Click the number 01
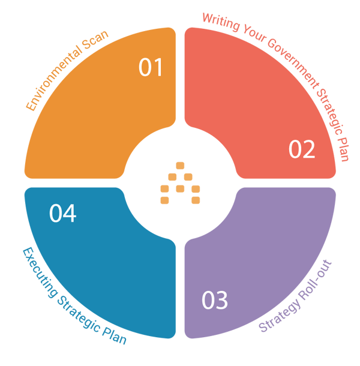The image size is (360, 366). click(151, 68)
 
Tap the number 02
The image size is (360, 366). click(302, 149)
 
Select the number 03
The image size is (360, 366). click(215, 301)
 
